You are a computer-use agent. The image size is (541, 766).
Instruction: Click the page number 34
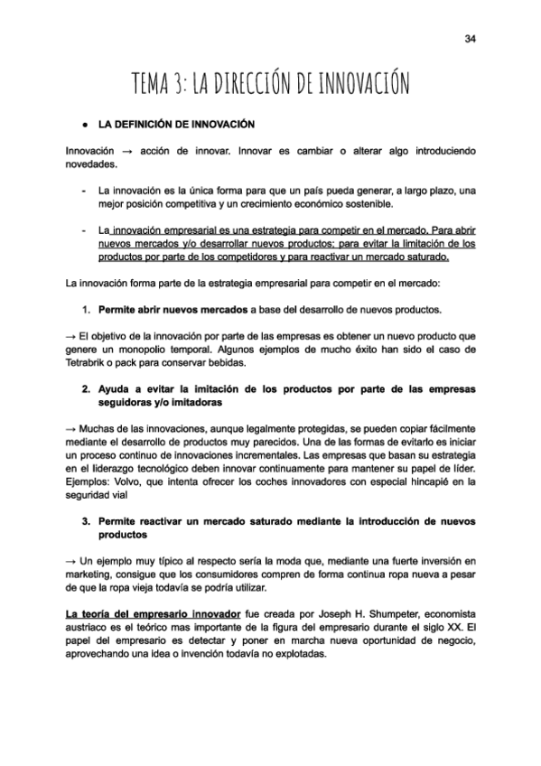coord(471,38)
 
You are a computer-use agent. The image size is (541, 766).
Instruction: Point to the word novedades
coord(91,165)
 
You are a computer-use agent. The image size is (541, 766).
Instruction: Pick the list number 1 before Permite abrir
coord(85,310)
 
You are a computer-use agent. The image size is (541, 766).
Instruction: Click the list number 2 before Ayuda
coord(85,388)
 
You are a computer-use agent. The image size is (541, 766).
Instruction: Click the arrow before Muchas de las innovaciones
coord(71,428)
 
